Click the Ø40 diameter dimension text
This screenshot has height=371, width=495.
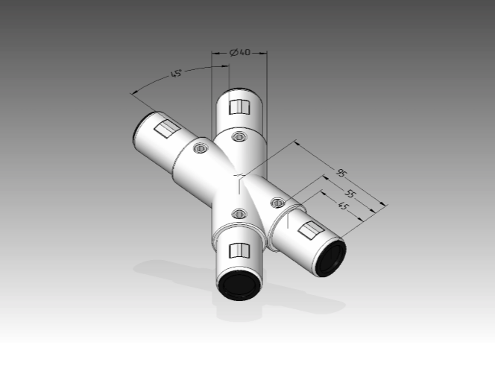(x=240, y=52)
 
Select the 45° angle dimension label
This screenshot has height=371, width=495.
(x=176, y=74)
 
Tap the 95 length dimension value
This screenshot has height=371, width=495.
(x=341, y=173)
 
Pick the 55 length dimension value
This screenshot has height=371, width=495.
(x=350, y=194)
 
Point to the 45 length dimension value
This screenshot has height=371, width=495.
(x=343, y=206)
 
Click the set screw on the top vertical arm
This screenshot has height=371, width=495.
(x=239, y=136)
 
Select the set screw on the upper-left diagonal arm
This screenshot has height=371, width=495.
(x=200, y=148)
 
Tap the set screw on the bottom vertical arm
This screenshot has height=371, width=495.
(x=239, y=214)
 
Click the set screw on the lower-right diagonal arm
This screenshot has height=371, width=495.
(x=278, y=203)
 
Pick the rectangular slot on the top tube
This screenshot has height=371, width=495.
(x=239, y=107)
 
